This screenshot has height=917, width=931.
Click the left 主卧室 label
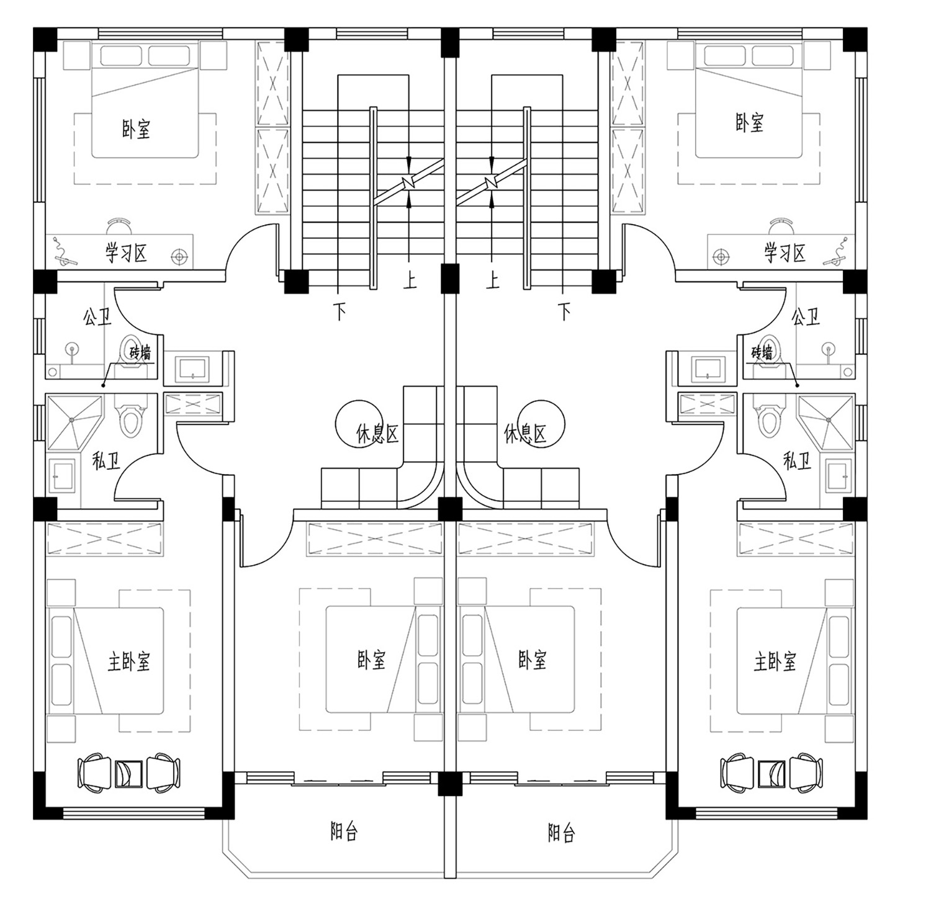point(129,662)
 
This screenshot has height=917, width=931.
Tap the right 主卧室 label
point(775,662)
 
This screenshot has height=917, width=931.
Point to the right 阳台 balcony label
point(561,832)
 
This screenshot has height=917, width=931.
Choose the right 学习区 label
point(785,253)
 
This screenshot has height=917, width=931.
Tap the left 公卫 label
point(97,318)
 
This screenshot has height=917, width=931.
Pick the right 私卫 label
point(798,460)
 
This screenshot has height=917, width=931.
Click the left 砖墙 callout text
point(140,353)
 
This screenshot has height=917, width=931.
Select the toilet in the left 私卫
point(131,419)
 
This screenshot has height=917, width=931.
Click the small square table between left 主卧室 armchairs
point(130,772)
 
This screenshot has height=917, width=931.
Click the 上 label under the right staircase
point(493,280)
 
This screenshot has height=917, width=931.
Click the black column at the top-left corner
point(45,40)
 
